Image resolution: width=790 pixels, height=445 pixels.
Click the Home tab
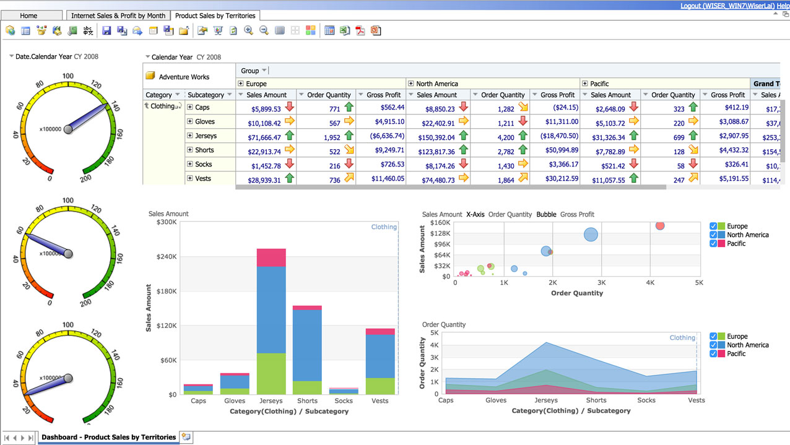(28, 15)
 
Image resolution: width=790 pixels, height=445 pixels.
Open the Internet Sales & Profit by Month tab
(118, 15)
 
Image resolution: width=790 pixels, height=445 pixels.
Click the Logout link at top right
(727, 6)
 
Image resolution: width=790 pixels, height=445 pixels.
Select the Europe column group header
(256, 84)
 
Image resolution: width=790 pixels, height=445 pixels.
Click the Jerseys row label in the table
(206, 136)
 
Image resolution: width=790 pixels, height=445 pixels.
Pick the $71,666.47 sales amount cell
(266, 137)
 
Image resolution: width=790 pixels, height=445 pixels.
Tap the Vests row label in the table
(203, 179)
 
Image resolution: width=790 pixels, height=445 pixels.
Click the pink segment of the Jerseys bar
(271, 257)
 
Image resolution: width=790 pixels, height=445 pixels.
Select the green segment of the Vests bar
(380, 386)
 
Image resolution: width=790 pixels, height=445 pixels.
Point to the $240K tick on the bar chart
(167, 257)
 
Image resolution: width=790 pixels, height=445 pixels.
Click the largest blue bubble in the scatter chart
(591, 235)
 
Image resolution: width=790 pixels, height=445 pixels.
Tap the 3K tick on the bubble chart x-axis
(601, 283)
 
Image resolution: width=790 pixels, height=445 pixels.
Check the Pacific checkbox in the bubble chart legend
(714, 244)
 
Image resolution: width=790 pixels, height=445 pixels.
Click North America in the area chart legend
(747, 345)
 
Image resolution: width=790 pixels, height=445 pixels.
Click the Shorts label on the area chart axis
(596, 400)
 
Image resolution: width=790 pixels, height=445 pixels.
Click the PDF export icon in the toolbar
(360, 30)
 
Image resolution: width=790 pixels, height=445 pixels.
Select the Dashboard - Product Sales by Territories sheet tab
(108, 437)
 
